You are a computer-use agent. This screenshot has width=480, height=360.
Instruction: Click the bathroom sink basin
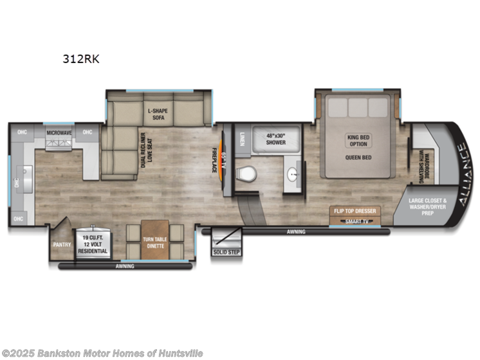click(294, 174)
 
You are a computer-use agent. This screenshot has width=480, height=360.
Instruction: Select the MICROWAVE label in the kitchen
click(59, 132)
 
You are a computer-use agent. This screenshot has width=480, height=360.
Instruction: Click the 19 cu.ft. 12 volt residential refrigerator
click(93, 244)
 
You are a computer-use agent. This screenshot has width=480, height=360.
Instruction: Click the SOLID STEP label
click(225, 251)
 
